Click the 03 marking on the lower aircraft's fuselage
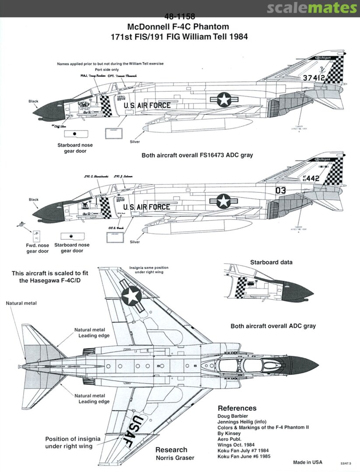tap(280, 190)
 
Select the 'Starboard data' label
tap(271, 262)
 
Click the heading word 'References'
tap(237, 408)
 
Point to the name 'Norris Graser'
tap(171, 458)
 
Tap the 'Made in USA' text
tap(308, 462)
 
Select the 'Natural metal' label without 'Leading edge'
tap(21, 303)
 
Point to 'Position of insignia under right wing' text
tap(73, 442)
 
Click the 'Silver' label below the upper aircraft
tap(135, 142)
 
